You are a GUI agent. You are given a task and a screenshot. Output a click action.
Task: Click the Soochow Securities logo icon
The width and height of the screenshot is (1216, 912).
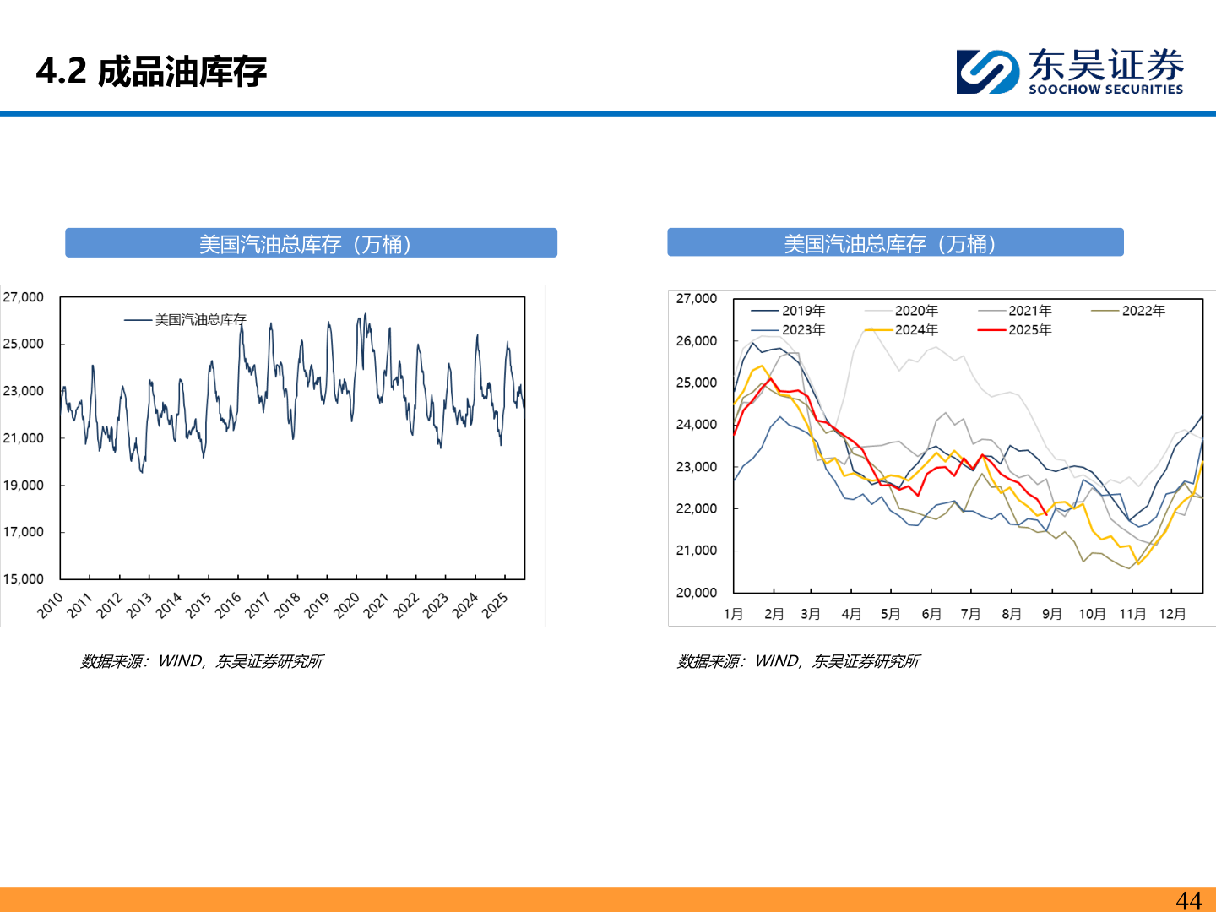[987, 72]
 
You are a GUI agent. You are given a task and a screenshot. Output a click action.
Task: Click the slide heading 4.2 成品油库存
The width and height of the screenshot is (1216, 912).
[151, 72]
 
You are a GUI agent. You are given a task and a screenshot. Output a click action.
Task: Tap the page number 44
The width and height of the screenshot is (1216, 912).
[1188, 900]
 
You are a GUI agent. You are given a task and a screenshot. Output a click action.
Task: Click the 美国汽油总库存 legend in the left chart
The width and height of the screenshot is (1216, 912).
[186, 320]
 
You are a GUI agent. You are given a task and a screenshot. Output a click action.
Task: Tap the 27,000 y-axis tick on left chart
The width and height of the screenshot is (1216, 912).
[24, 297]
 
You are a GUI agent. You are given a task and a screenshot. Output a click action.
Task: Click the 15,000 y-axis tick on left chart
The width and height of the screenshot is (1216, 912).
[24, 579]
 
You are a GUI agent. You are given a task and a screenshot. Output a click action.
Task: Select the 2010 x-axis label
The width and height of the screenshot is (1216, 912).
[51, 605]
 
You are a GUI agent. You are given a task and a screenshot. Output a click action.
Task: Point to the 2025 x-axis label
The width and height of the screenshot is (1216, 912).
[495, 605]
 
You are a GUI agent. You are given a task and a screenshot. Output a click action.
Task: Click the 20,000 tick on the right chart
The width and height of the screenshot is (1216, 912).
[697, 593]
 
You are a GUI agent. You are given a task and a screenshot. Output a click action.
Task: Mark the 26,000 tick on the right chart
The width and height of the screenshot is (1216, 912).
[697, 341]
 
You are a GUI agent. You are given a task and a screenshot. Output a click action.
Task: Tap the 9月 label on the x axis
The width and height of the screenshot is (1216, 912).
[1051, 614]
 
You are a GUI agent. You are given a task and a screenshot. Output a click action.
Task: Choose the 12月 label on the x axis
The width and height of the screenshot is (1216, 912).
[1172, 614]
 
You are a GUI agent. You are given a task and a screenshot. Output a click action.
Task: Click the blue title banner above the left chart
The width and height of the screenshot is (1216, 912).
[311, 243]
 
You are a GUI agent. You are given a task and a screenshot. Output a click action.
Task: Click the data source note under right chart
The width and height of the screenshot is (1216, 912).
[798, 661]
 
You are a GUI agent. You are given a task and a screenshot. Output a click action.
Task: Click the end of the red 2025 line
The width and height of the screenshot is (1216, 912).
[1046, 513]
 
